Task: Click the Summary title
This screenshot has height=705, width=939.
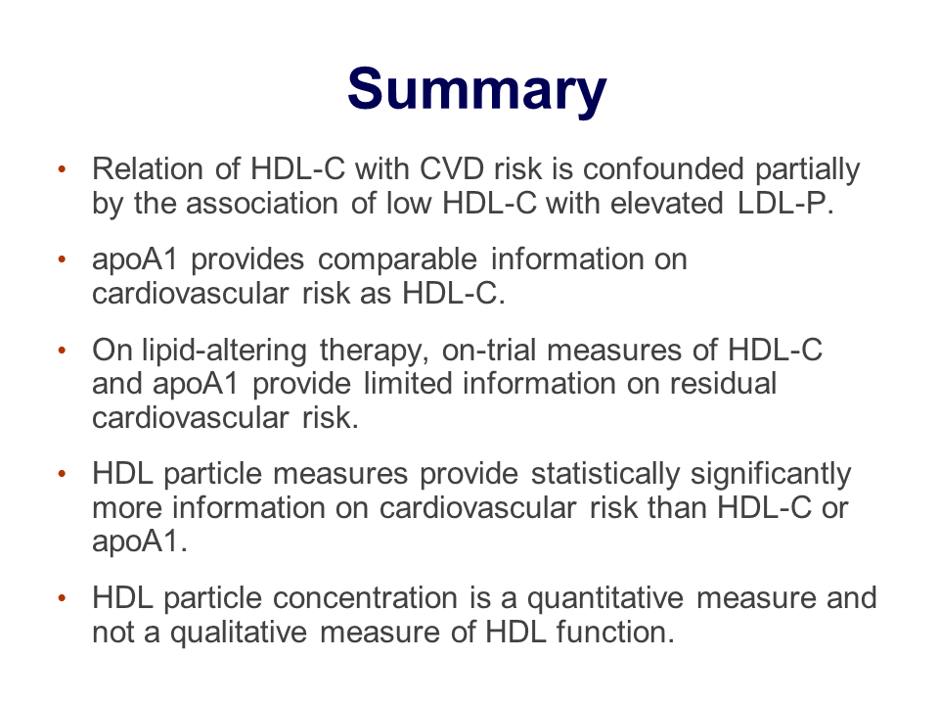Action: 477,90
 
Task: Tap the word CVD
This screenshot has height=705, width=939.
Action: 452,169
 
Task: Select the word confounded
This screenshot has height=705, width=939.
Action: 663,169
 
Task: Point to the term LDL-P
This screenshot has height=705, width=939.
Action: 785,204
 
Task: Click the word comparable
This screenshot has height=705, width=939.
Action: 397,260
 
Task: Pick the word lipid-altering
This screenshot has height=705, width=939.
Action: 224,351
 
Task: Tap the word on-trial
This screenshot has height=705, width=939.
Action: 489,351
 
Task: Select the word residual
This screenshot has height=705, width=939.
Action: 723,384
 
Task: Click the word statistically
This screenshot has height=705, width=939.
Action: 605,475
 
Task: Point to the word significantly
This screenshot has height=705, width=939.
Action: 771,475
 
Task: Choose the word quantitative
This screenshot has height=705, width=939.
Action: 604,599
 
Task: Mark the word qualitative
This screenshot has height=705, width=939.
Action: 239,634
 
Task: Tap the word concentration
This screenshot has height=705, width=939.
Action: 365,598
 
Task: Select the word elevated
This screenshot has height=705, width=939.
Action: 666,204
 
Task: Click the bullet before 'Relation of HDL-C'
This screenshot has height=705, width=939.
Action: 62,169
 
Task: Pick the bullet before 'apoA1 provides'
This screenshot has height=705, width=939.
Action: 62,260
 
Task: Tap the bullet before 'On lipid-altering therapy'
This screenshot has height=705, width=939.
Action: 62,351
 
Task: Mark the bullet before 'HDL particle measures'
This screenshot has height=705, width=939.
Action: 62,474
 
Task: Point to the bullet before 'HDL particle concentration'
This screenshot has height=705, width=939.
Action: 62,598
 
